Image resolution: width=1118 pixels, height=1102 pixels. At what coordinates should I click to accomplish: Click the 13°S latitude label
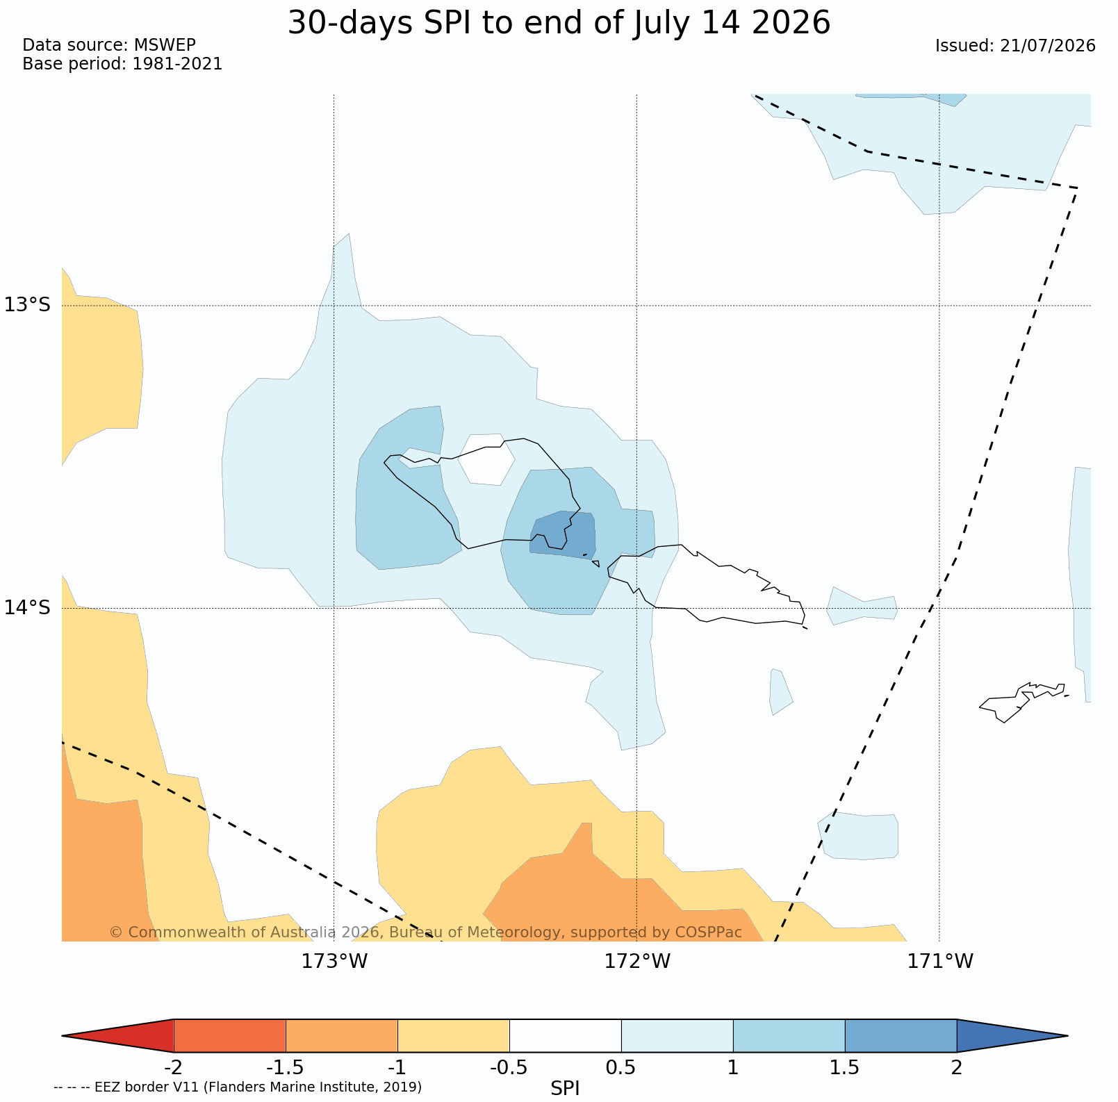coord(28,305)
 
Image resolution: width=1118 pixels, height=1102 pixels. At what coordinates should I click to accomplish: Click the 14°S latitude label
coord(28,608)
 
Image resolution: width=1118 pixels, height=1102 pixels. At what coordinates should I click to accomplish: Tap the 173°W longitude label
coord(334,962)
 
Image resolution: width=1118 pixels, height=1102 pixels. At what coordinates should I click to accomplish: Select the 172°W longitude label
coord(637,962)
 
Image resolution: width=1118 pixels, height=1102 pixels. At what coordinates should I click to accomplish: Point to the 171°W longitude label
coord(940,962)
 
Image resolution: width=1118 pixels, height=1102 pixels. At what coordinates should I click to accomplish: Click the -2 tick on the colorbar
coord(173,1067)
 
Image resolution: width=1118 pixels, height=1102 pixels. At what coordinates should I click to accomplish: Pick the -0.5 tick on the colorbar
coord(509,1067)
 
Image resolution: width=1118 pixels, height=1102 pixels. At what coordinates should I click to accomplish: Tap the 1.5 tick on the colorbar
coord(845,1067)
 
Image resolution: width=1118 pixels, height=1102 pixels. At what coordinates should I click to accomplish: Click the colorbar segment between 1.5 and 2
coord(901,1036)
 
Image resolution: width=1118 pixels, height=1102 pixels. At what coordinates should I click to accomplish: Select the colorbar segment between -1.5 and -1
coord(342,1036)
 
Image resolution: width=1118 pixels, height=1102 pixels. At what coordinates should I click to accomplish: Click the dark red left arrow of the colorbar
coord(118,1036)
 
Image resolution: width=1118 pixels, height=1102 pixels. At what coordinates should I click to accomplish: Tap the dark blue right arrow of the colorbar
coord(1012,1036)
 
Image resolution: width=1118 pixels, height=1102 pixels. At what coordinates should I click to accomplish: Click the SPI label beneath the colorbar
coord(565,1089)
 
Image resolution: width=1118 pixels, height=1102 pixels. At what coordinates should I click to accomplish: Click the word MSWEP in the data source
coord(165,45)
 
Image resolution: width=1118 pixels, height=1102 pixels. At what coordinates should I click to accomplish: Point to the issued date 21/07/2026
coord(1048,46)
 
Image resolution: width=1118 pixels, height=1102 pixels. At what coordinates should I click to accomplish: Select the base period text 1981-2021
coord(177,64)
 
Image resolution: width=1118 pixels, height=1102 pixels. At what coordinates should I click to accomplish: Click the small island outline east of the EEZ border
coord(1022,702)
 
